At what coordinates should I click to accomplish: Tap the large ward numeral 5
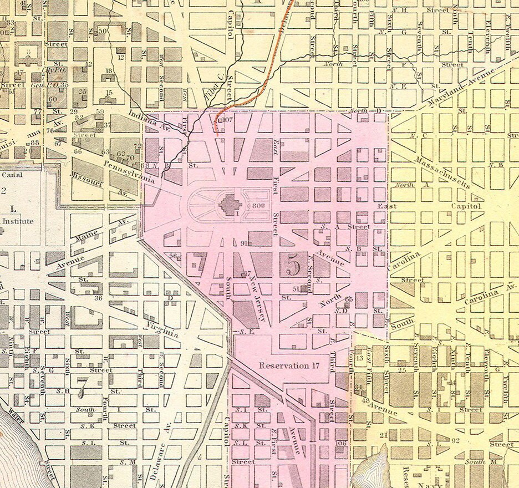click(294, 267)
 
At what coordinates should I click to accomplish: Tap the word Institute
click(19, 221)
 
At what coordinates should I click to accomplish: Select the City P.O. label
click(52, 71)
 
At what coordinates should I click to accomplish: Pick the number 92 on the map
click(456, 441)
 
